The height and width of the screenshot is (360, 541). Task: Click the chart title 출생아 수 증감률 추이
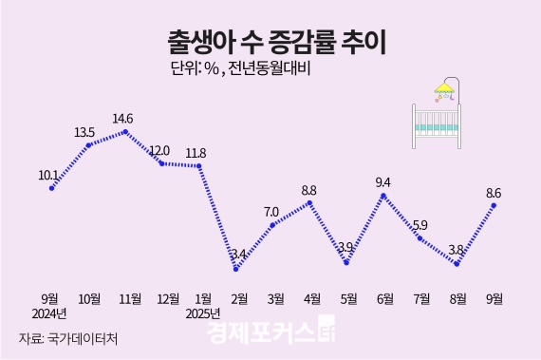pyautogui.click(x=270, y=43)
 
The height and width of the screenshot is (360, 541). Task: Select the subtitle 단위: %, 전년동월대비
pyautogui.click(x=241, y=69)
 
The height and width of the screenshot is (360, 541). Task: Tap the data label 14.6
pyautogui.click(x=123, y=119)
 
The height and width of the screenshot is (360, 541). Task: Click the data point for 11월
pyautogui.click(x=125, y=132)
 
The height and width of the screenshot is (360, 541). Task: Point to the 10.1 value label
pyautogui.click(x=48, y=175)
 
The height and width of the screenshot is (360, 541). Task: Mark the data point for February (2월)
pyautogui.click(x=235, y=269)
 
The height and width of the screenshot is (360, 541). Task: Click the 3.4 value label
pyautogui.click(x=237, y=255)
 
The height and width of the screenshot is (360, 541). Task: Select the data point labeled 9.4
pyautogui.click(x=382, y=196)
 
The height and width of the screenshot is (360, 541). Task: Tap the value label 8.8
pyautogui.click(x=308, y=190)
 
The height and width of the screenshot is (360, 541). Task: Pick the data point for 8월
pyautogui.click(x=457, y=264)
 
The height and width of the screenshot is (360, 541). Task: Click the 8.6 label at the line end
pyautogui.click(x=494, y=193)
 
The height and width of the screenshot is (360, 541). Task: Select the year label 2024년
pyautogui.click(x=49, y=313)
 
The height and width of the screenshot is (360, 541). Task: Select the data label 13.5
pyautogui.click(x=84, y=132)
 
